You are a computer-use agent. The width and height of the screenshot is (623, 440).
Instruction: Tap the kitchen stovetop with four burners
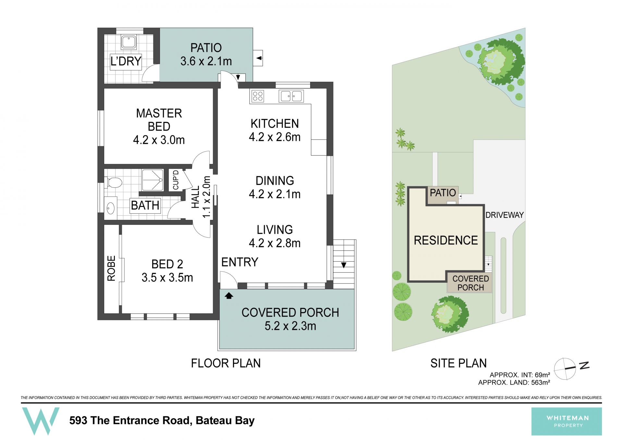click(x=258, y=96)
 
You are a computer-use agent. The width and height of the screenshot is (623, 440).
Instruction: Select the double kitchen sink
click(x=291, y=96)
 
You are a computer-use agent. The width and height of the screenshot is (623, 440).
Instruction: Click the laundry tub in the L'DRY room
click(x=129, y=42)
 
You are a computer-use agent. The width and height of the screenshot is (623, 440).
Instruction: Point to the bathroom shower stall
click(x=153, y=180)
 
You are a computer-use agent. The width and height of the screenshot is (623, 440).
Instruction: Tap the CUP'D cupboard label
click(x=176, y=180)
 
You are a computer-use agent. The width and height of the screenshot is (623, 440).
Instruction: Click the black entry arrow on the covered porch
click(x=229, y=295)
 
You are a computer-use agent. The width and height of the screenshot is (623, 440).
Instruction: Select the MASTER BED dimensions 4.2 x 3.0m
click(x=159, y=140)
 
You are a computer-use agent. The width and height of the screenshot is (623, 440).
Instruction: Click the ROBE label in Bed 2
click(x=111, y=268)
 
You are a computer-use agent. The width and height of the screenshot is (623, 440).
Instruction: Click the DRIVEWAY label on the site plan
click(x=505, y=215)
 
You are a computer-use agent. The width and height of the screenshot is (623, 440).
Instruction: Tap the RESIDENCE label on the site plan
click(x=446, y=240)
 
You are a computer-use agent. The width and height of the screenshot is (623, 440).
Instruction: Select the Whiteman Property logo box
click(x=567, y=421)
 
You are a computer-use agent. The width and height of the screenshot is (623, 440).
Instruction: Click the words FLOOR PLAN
click(x=226, y=363)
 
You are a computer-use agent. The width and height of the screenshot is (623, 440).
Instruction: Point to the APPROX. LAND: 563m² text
click(x=514, y=383)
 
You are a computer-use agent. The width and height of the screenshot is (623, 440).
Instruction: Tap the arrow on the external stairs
click(x=344, y=265)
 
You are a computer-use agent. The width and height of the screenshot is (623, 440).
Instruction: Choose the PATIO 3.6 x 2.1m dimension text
click(x=206, y=61)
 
